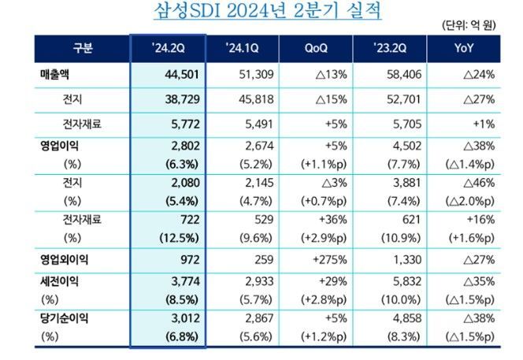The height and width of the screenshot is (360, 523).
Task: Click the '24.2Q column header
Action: [167, 49]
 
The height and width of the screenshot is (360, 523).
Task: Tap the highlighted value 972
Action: [190, 258]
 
